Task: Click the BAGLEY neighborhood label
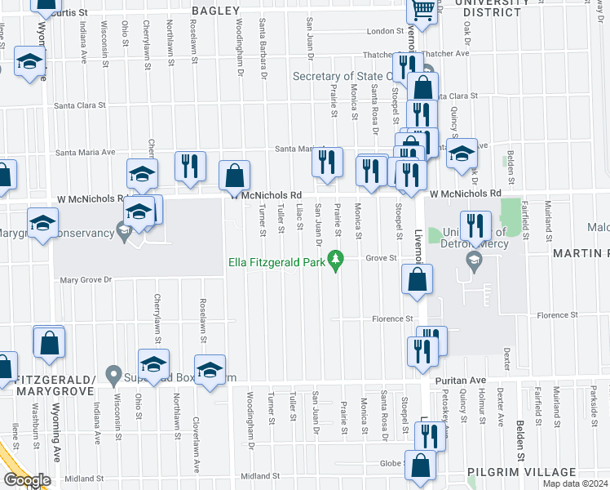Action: pos(216,11)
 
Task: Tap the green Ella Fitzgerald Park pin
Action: pos(334,260)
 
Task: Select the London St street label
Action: pos(385,31)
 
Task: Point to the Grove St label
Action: pos(380,258)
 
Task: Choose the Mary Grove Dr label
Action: pos(86,280)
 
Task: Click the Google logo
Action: pos(27,479)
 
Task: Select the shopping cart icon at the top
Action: pos(422,10)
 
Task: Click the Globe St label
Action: pos(391,462)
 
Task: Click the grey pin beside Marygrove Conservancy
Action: pos(123,233)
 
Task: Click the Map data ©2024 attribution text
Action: pos(577,483)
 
